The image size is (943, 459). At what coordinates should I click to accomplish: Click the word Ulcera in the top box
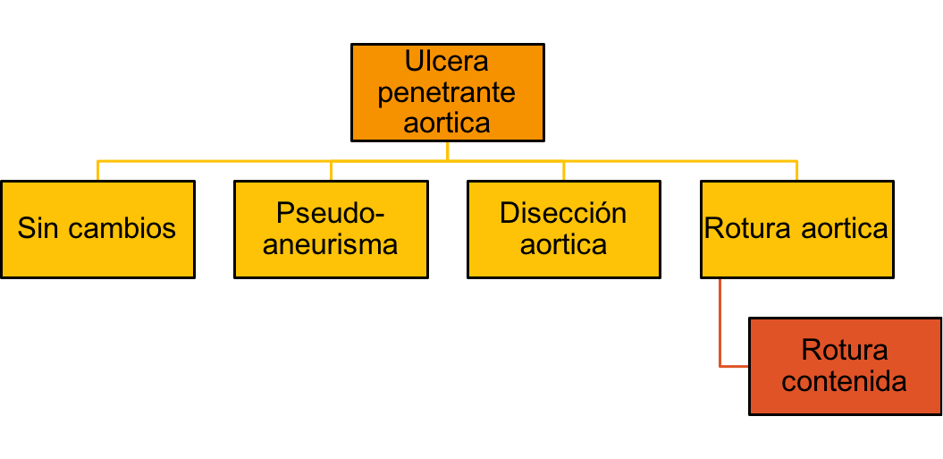447,63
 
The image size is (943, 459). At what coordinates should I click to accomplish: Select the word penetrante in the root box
447,92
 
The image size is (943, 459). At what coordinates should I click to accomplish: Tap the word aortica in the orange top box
447,122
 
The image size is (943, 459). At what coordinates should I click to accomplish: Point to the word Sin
38,228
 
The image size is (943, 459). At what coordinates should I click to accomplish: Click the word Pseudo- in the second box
331,214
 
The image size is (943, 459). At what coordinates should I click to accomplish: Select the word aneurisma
331,243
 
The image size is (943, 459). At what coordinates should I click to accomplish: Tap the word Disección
563,214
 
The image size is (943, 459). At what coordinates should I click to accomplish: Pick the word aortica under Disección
563,243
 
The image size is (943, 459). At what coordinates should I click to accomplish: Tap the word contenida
843,381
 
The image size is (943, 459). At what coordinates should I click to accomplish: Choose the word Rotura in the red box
843,350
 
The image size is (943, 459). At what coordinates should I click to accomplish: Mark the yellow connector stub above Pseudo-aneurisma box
331,171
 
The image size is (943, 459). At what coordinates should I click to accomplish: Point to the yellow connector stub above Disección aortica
563,171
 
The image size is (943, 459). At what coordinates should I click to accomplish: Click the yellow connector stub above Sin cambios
97,171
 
